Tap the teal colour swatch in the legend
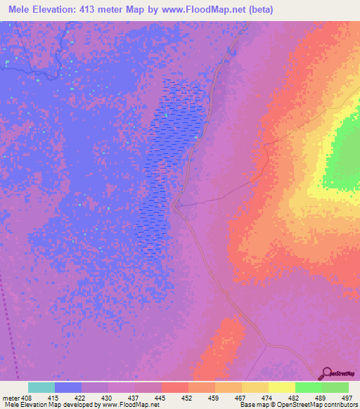point(41,387)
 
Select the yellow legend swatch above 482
point(281,387)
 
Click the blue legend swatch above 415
point(67,387)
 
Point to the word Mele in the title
point(22,10)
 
